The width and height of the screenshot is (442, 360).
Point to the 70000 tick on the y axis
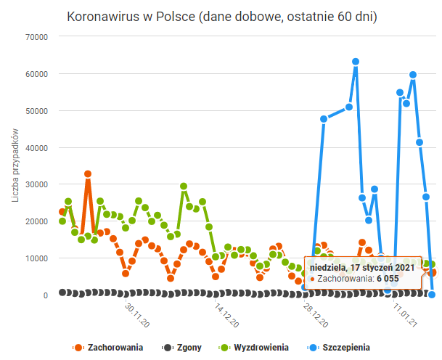36,36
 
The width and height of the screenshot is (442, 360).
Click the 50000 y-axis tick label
36,110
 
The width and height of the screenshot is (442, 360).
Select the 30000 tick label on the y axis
36,184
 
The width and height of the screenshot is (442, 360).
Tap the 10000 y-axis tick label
36,258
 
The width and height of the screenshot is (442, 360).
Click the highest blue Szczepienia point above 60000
356,62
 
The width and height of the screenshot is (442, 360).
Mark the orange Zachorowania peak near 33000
88,174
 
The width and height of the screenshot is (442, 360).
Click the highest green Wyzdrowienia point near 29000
184,187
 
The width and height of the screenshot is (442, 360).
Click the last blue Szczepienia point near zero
432,294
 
